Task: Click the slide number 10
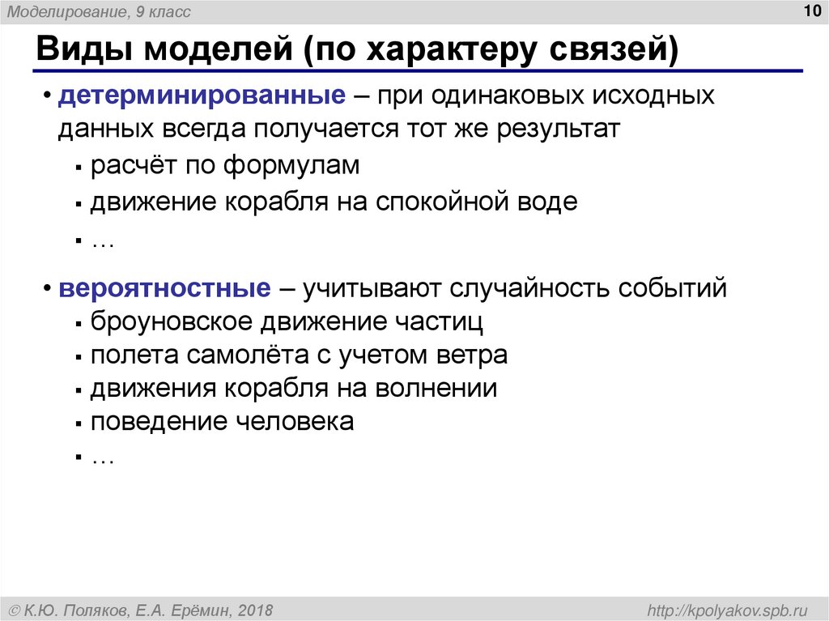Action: click(811, 11)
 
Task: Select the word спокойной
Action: click(439, 202)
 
